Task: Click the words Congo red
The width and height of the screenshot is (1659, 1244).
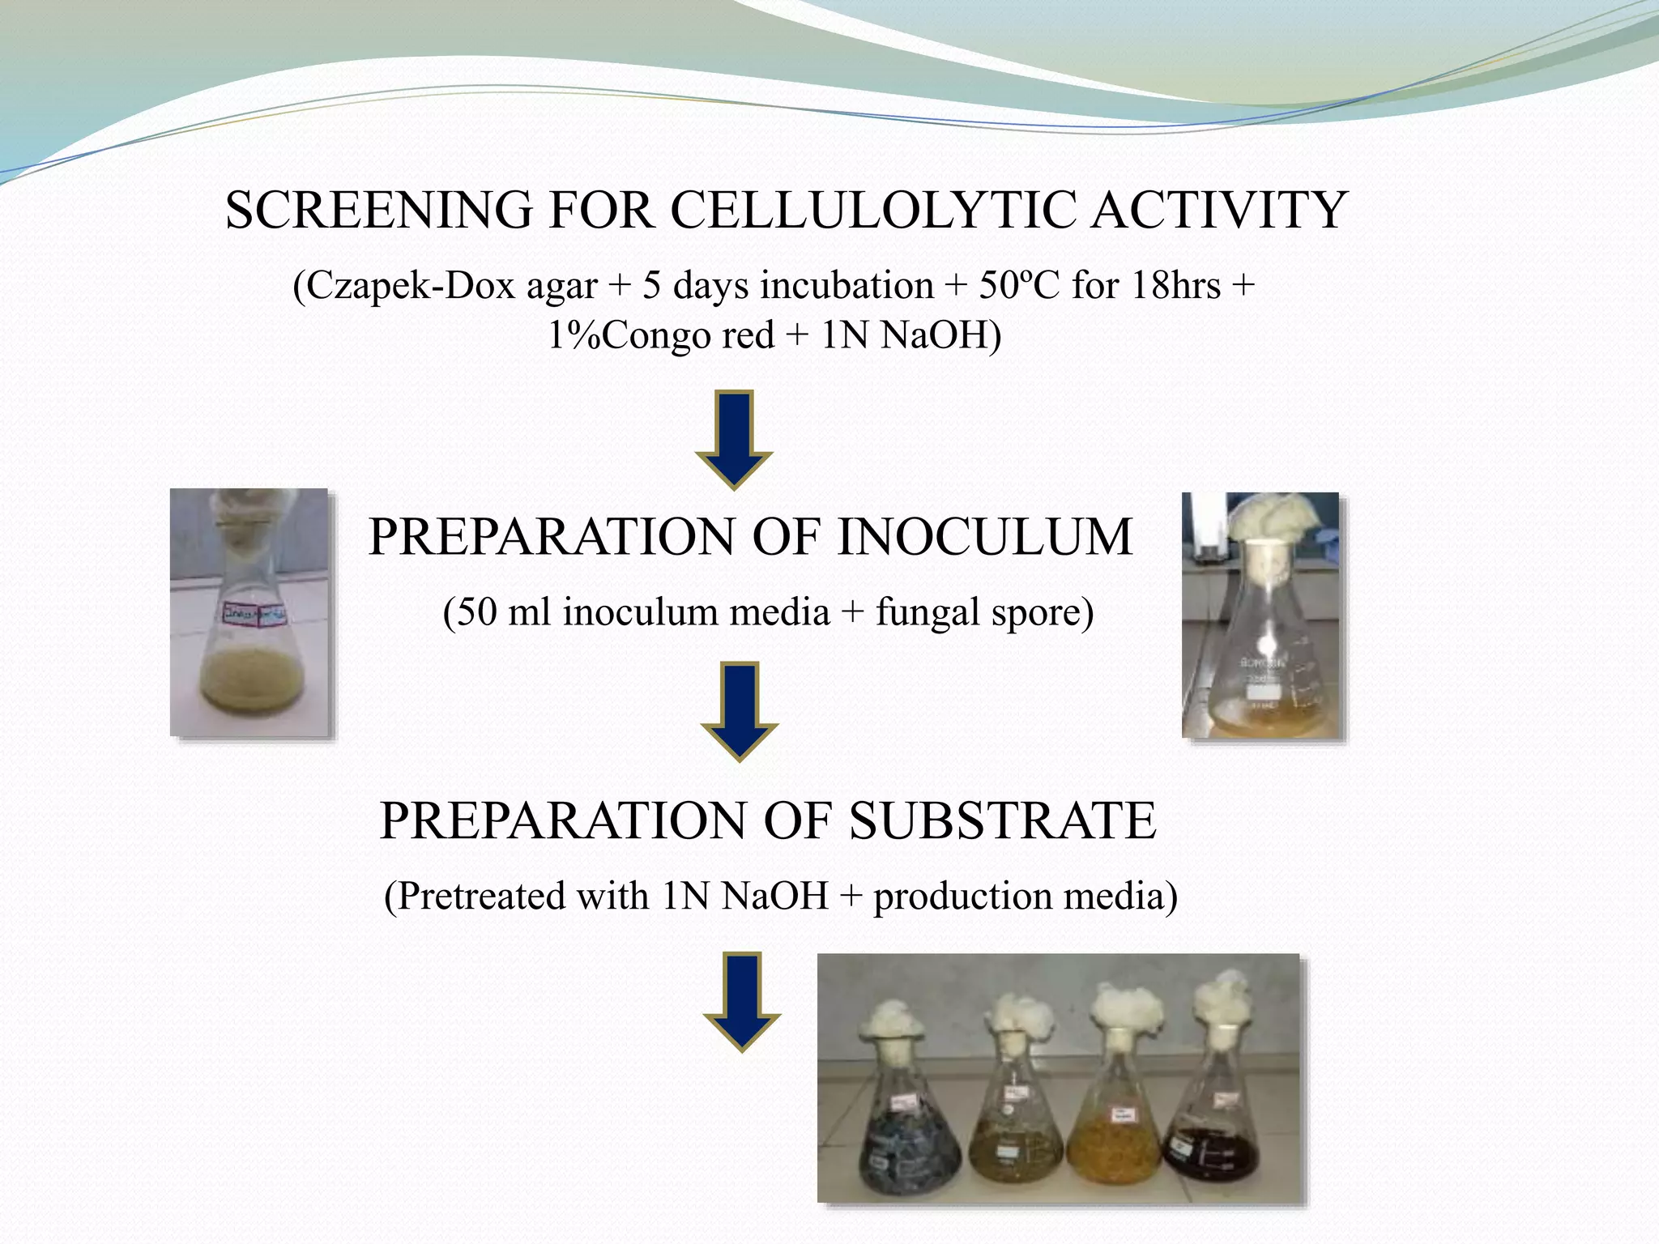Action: point(688,335)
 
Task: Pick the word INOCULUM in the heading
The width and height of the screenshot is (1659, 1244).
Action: point(984,537)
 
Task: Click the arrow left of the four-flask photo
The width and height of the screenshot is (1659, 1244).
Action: point(741,1001)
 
